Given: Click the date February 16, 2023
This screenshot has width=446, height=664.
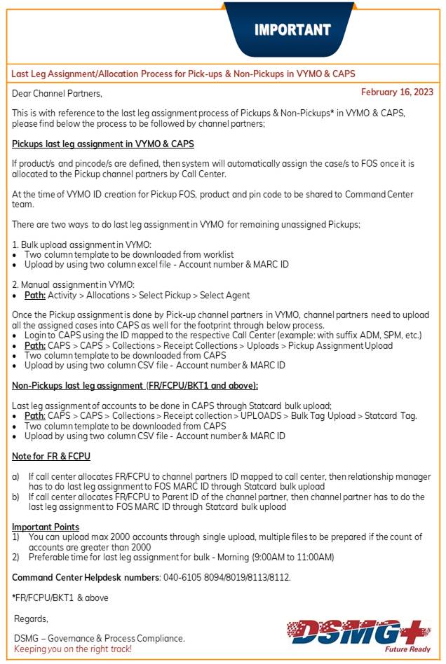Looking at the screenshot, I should coord(397,92).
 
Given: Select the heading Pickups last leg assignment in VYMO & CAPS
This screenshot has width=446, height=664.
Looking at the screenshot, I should coord(103,144).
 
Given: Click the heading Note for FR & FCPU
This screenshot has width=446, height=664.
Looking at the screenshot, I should coord(51,457).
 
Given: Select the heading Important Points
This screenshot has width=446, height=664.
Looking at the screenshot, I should coord(46,527).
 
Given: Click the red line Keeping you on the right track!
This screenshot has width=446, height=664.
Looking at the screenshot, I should coord(73,649).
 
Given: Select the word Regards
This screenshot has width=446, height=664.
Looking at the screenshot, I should coord(32,618).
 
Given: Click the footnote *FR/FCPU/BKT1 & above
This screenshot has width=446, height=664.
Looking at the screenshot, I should coord(60,597).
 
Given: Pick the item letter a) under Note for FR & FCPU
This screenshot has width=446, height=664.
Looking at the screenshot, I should coord(16,476).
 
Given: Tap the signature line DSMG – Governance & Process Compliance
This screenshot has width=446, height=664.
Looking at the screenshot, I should coord(100,638).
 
